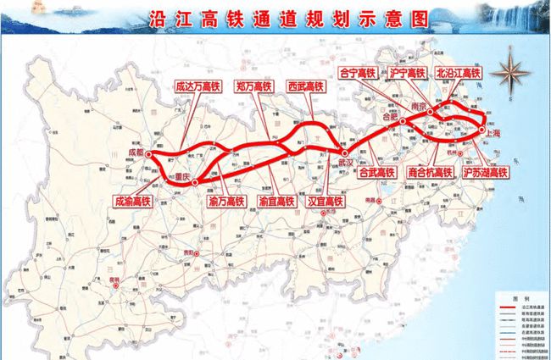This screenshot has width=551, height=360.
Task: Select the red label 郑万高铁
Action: click(x=253, y=86)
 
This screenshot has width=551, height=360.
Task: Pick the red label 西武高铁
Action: click(x=306, y=86)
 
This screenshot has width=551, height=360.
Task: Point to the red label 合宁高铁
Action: click(x=357, y=73)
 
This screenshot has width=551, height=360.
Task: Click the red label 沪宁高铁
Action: click(x=403, y=73)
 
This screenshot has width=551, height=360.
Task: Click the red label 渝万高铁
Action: click(x=225, y=202)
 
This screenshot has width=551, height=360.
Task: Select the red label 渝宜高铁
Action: click(x=275, y=202)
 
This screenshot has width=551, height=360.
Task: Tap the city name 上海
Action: click(x=492, y=133)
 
